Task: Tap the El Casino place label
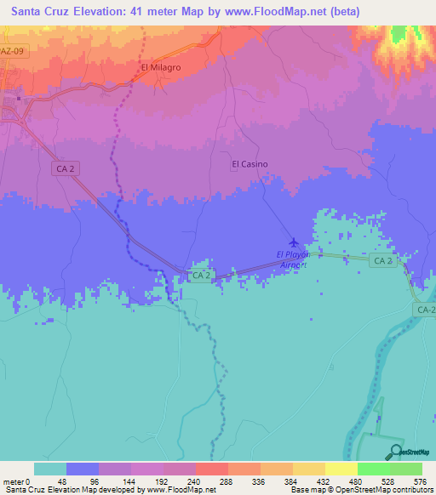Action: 250,164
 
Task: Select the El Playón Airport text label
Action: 292,259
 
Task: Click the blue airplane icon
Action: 295,242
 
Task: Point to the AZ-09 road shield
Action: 12,51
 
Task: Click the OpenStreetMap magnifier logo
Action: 395,452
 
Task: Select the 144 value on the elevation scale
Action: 130,481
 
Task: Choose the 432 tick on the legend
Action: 324,481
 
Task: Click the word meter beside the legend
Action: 12,481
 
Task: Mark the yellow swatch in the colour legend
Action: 341,469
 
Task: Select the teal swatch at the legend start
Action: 50,469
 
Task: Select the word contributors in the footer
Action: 409,490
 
